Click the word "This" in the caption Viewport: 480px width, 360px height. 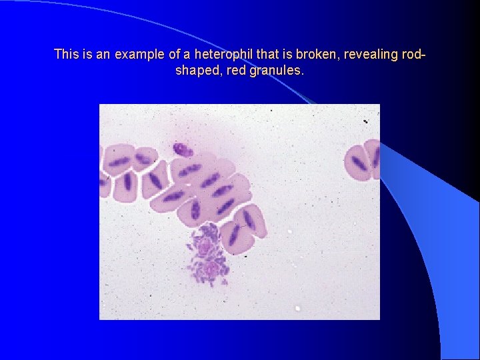65,54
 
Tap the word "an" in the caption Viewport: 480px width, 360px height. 103,54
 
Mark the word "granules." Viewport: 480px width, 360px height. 277,70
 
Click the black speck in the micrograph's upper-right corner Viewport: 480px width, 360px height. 365,121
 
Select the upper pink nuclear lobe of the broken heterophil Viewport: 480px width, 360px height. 205,247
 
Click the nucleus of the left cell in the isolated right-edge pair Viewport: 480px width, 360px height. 359,163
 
